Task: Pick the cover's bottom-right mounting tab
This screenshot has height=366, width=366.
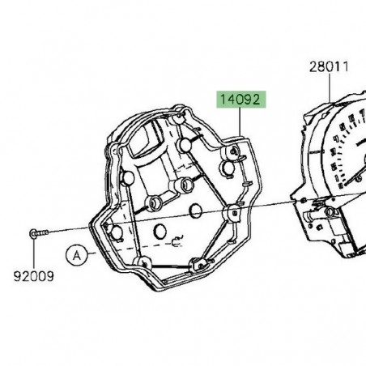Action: tap(198, 263)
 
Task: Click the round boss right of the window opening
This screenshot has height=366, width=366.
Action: tap(185, 146)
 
